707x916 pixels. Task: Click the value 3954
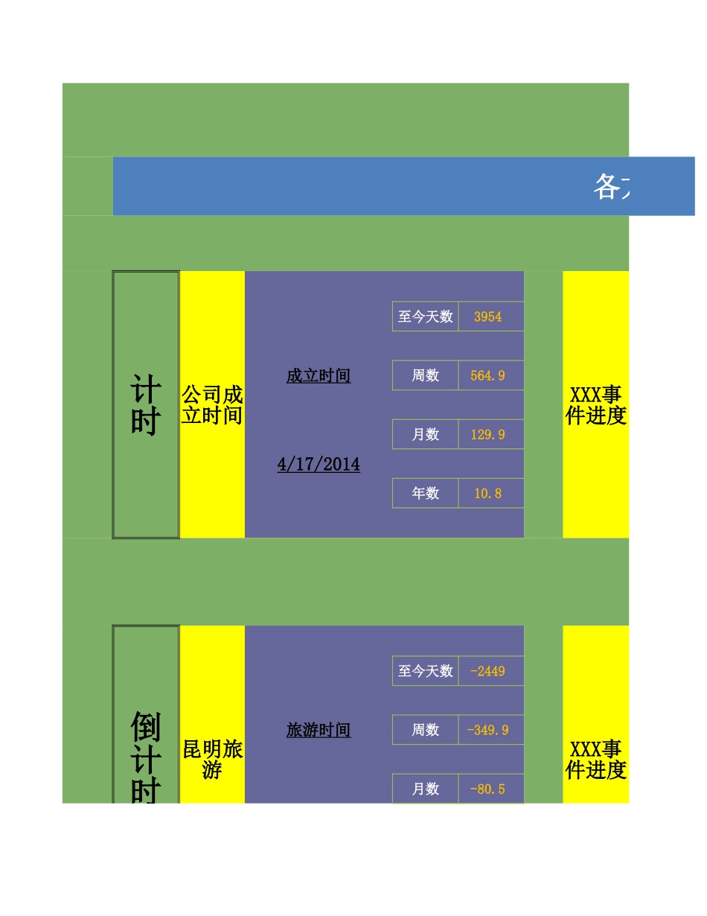[487, 317]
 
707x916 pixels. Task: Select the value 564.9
[487, 375]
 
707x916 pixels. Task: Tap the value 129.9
[487, 434]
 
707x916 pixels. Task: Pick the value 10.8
[487, 493]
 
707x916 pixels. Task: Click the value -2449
[487, 671]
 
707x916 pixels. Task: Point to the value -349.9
[487, 730]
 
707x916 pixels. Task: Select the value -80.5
[487, 789]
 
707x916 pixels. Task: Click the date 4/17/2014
[319, 465]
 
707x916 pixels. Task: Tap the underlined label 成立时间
[319, 376]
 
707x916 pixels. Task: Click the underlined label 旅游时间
[319, 731]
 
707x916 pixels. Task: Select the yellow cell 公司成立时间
[212, 405]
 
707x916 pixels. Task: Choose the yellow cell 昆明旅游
[212, 759]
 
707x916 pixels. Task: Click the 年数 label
[425, 493]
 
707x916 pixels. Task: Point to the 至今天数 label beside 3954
[425, 317]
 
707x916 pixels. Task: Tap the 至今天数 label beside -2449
[425, 671]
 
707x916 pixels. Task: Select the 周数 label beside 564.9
[425, 375]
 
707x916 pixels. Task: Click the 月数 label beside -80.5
[425, 789]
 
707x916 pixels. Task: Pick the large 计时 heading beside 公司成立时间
[145, 405]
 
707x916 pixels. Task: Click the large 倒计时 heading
[145, 756]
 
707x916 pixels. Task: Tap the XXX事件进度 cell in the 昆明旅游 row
[595, 759]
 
